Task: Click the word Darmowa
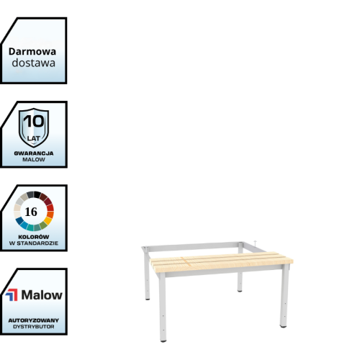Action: pos(32,52)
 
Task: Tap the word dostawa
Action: pos(34,63)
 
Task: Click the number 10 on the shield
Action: pos(34,121)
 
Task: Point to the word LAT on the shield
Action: pos(34,138)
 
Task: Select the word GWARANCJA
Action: pos(34,153)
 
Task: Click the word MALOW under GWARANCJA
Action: pos(34,160)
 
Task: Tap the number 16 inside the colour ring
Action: pos(31,212)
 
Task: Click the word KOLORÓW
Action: pos(34,237)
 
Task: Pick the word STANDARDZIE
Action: pos(37,243)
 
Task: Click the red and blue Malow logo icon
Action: pos(12,295)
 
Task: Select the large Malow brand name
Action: pos(42,295)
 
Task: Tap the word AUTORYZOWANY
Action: pos(34,320)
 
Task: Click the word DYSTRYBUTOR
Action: pos(34,327)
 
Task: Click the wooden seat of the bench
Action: pos(221,261)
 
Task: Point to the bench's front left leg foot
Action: pos(163,340)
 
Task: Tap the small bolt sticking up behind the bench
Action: pos(255,243)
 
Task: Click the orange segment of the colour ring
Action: pos(50,215)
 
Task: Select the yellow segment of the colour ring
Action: pos(48,220)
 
